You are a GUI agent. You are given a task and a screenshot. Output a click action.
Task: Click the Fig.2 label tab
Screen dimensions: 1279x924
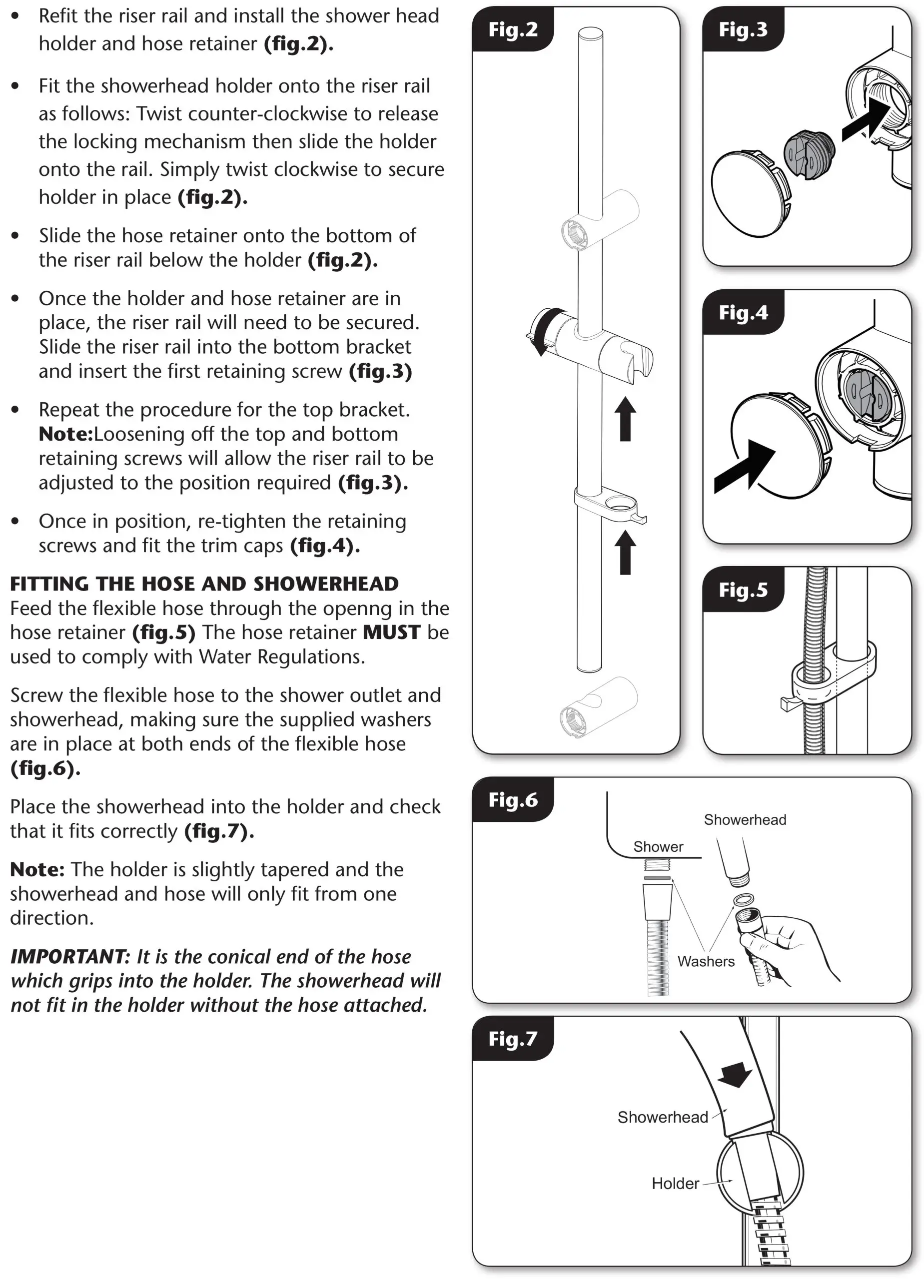point(512,29)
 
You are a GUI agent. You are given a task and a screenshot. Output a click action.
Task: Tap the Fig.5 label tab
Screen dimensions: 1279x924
point(743,590)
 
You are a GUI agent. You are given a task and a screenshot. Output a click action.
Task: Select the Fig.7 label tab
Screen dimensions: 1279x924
point(512,1038)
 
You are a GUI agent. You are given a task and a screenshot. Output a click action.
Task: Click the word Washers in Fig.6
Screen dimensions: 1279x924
point(706,962)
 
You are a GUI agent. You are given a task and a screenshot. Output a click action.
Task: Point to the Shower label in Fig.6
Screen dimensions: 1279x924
point(658,846)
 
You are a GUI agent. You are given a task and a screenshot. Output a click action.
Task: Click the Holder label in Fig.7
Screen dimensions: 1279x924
point(675,1183)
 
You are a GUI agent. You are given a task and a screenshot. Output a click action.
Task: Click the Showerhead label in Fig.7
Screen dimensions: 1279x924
point(662,1117)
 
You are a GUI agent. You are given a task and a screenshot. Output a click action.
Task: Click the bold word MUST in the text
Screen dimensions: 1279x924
point(391,632)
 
